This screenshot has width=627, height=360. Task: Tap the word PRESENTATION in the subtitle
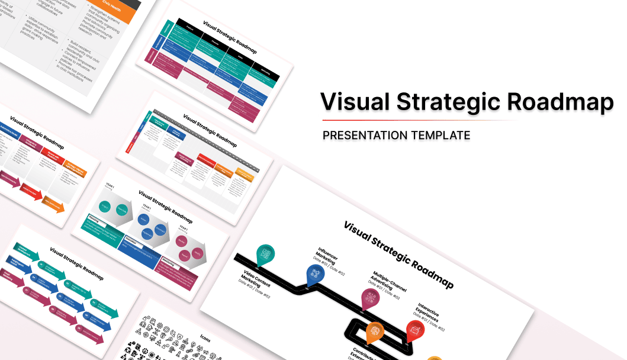coord(365,136)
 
